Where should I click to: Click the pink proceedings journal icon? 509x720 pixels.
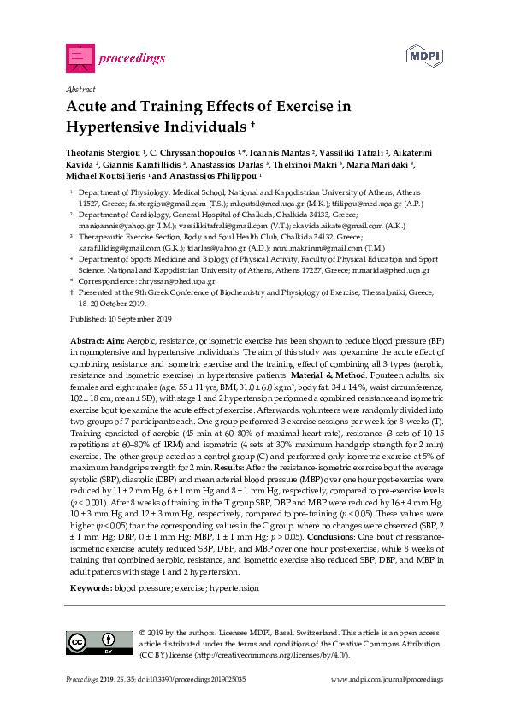click(x=80, y=57)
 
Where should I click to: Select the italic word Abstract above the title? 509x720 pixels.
click(x=80, y=90)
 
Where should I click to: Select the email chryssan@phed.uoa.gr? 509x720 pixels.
click(x=181, y=280)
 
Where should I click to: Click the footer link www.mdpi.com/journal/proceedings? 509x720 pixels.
click(x=387, y=702)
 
